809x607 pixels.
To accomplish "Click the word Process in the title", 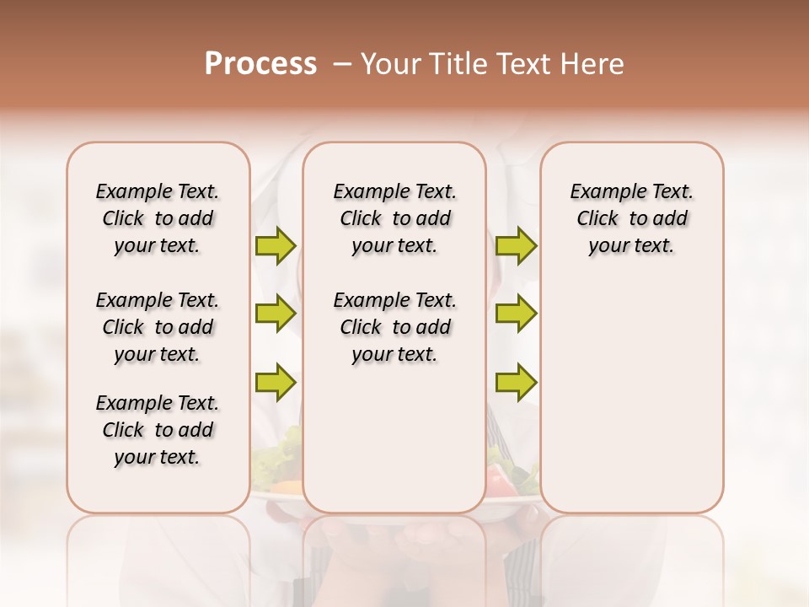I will (x=260, y=64).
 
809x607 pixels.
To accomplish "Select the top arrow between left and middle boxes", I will (x=276, y=246).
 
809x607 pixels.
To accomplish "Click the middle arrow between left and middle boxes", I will (x=276, y=314).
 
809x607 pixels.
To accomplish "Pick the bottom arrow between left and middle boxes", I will (x=276, y=382).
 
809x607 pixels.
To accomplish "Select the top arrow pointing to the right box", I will (x=516, y=246).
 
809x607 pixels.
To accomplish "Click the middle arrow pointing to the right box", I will (x=516, y=314).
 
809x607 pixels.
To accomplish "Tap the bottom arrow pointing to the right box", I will (x=516, y=382).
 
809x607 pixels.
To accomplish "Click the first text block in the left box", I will (x=158, y=218).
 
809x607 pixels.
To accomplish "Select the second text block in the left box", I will (x=158, y=327).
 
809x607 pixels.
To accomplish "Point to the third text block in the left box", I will (x=158, y=430).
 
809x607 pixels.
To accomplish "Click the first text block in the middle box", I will (x=394, y=218).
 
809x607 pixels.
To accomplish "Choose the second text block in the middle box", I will (x=394, y=327).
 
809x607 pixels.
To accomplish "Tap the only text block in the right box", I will (x=631, y=218).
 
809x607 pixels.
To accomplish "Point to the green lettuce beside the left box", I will (x=282, y=451).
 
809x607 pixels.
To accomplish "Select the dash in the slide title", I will (x=341, y=64).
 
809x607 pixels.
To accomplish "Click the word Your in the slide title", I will (x=389, y=64).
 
